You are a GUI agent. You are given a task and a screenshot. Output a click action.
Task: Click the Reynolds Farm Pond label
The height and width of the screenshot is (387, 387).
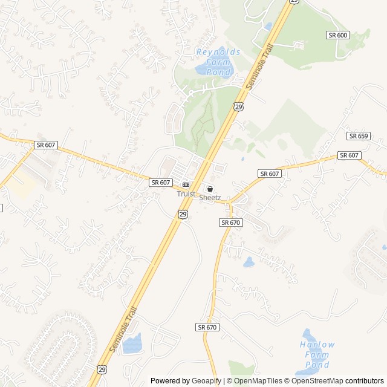(218, 61)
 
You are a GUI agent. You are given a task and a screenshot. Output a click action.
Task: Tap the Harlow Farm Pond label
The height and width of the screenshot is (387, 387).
(317, 354)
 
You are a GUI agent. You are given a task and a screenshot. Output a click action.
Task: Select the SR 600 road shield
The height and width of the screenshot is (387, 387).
(338, 35)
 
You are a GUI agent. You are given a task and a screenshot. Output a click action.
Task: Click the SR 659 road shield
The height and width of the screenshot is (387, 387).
(358, 136)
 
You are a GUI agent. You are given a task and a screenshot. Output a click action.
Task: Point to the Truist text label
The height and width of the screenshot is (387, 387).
(186, 194)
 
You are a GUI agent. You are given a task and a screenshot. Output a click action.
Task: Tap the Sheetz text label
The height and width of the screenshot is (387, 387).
(210, 198)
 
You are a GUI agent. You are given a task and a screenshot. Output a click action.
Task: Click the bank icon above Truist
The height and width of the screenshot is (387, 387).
(186, 184)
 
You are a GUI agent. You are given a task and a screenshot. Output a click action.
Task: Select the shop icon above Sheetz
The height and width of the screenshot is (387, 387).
(210, 189)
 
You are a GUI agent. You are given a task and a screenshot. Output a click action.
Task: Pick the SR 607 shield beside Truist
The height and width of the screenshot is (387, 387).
(161, 182)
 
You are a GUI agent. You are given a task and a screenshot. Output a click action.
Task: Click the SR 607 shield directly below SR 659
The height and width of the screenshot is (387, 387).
(349, 155)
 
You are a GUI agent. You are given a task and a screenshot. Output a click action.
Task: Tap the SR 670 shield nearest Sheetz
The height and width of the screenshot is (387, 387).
(231, 223)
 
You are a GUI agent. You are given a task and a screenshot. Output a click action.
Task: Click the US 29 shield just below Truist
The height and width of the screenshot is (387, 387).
(183, 214)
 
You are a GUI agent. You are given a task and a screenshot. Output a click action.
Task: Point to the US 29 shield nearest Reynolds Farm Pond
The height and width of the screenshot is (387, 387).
(238, 106)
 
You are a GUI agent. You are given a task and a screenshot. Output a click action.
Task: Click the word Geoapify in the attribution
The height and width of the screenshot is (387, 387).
(207, 381)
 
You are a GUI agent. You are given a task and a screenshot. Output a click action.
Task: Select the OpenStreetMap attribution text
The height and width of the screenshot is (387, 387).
(317, 381)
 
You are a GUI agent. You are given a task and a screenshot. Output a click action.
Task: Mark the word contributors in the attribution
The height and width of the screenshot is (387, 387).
(365, 381)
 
